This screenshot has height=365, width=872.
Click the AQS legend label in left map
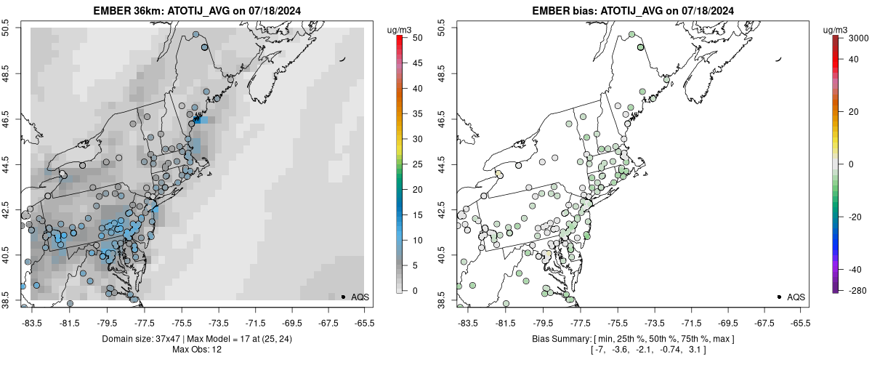[360, 297]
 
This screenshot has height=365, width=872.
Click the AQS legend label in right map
[796, 297]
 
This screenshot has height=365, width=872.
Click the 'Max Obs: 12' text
[196, 350]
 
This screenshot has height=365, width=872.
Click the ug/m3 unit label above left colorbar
[400, 30]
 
